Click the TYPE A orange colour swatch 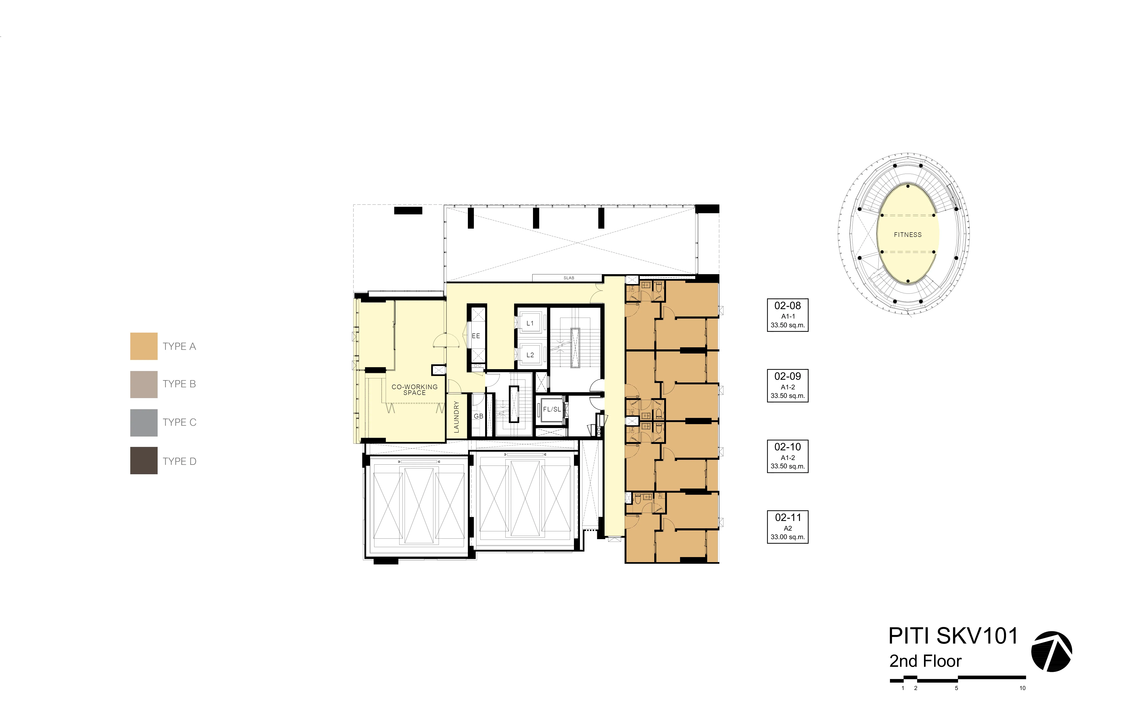pyautogui.click(x=144, y=346)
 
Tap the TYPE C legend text pyautogui.click(x=180, y=423)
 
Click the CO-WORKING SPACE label pyautogui.click(x=415, y=390)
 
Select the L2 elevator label pyautogui.click(x=530, y=355)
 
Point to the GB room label pyautogui.click(x=479, y=416)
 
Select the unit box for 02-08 pyautogui.click(x=788, y=315)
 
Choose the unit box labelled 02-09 pyautogui.click(x=788, y=385)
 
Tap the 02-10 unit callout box pyautogui.click(x=788, y=456)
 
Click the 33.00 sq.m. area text pyautogui.click(x=788, y=537)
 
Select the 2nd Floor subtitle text pyautogui.click(x=925, y=661)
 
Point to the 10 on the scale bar pyautogui.click(x=1022, y=688)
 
